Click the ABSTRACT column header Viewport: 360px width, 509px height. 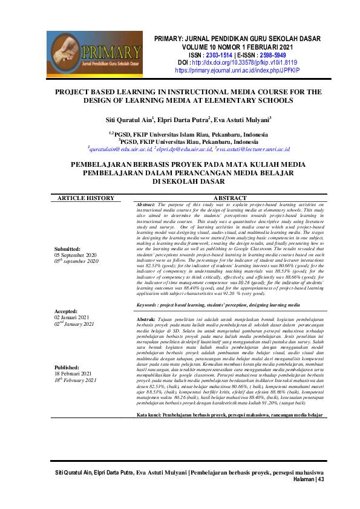229,198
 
